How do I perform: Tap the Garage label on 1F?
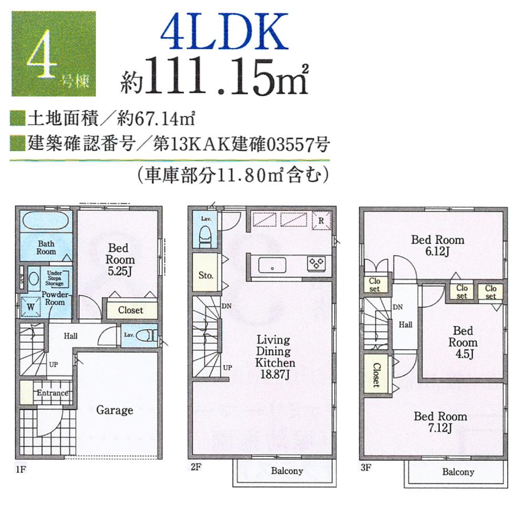[x=114, y=410]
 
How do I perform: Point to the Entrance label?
[x=52, y=393]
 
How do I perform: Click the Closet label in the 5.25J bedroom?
[x=130, y=310]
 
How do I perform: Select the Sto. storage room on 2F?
[x=205, y=274]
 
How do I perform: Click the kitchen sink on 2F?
[x=272, y=264]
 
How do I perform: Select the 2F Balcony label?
[x=286, y=471]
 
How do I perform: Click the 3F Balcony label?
[x=458, y=472]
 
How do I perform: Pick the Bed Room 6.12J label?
[x=437, y=245]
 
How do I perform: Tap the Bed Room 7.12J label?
[x=440, y=422]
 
